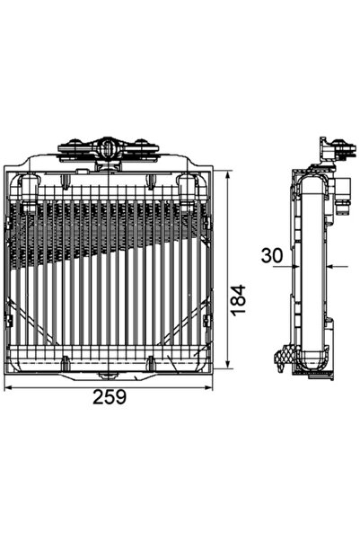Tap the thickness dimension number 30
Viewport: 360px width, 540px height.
tap(272, 256)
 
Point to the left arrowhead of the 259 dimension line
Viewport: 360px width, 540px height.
tap(9, 386)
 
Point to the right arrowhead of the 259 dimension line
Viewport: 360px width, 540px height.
tap(212, 386)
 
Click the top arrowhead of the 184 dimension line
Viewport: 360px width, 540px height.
tap(230, 173)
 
